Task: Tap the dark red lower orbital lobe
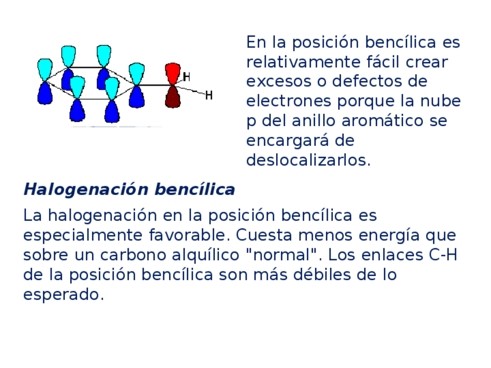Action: click(173, 97)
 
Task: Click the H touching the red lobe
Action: click(186, 77)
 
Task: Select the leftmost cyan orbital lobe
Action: click(45, 69)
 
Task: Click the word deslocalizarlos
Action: click(308, 160)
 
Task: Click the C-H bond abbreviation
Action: click(442, 255)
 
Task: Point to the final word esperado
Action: click(64, 295)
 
